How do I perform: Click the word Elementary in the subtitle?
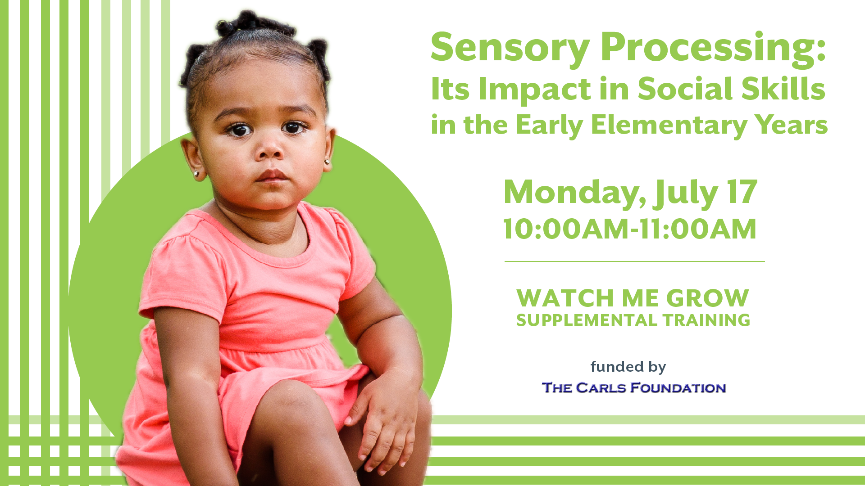(x=669, y=126)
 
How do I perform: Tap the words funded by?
(x=628, y=367)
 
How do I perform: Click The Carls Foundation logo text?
(x=634, y=388)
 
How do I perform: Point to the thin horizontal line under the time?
(x=634, y=261)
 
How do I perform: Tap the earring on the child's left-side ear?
(x=196, y=173)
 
